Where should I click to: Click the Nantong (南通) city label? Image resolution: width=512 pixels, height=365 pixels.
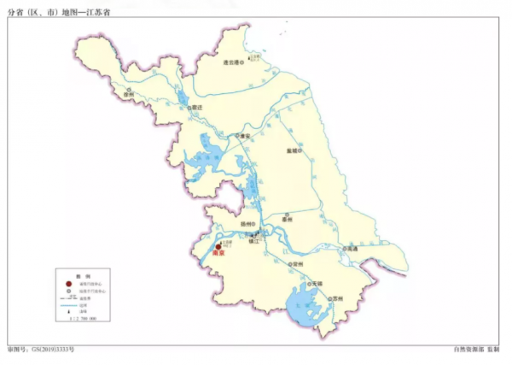pos(352,249)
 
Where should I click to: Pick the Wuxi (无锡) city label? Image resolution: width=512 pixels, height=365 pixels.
pos(317,282)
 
